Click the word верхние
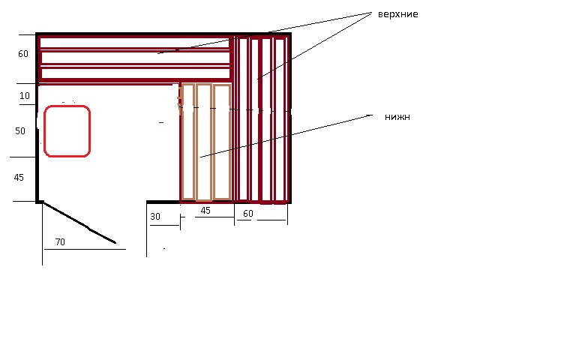pos(397,14)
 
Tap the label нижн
pos(397,117)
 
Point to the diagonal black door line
pos(79,222)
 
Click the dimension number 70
pos(60,242)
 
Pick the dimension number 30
pos(155,217)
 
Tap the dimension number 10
pos(25,96)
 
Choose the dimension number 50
pos(20,131)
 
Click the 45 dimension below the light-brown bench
pos(205,211)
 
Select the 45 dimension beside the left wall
pos(19,178)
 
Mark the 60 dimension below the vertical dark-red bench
pos(248,214)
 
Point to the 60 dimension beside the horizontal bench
pos(23,54)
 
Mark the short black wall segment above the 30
pos(163,202)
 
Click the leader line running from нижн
pos(286,136)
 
